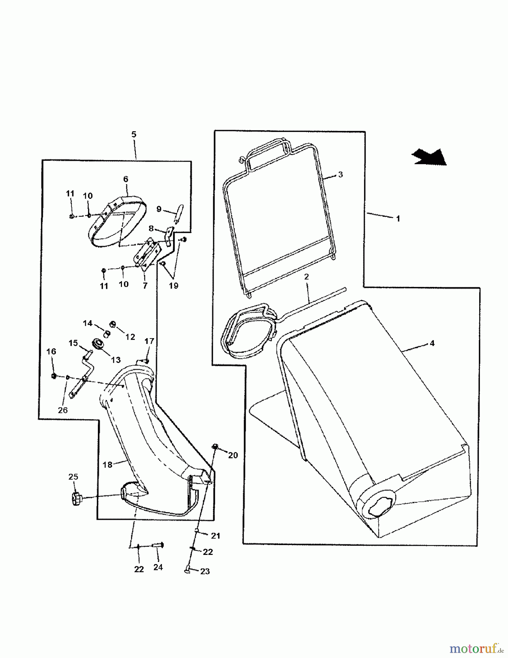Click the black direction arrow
pos(429,157)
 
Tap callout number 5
pos(134,134)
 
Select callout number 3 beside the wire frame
pos(340,174)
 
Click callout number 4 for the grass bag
pos(432,343)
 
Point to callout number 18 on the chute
pos(107,465)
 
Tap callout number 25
pos(73,477)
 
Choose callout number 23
pos(205,571)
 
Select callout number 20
pos(233,455)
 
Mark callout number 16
pos(51,351)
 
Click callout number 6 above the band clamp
pos(126,179)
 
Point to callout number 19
pos(173,285)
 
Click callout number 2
pos(306,277)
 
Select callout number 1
pos(398,219)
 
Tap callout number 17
pos(149,341)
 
